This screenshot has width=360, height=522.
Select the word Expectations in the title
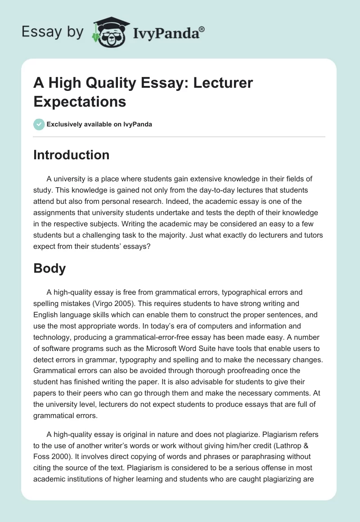80,102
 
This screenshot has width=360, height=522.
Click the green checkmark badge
39,124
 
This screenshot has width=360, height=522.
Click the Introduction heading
71,155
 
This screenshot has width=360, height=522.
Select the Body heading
49,269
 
